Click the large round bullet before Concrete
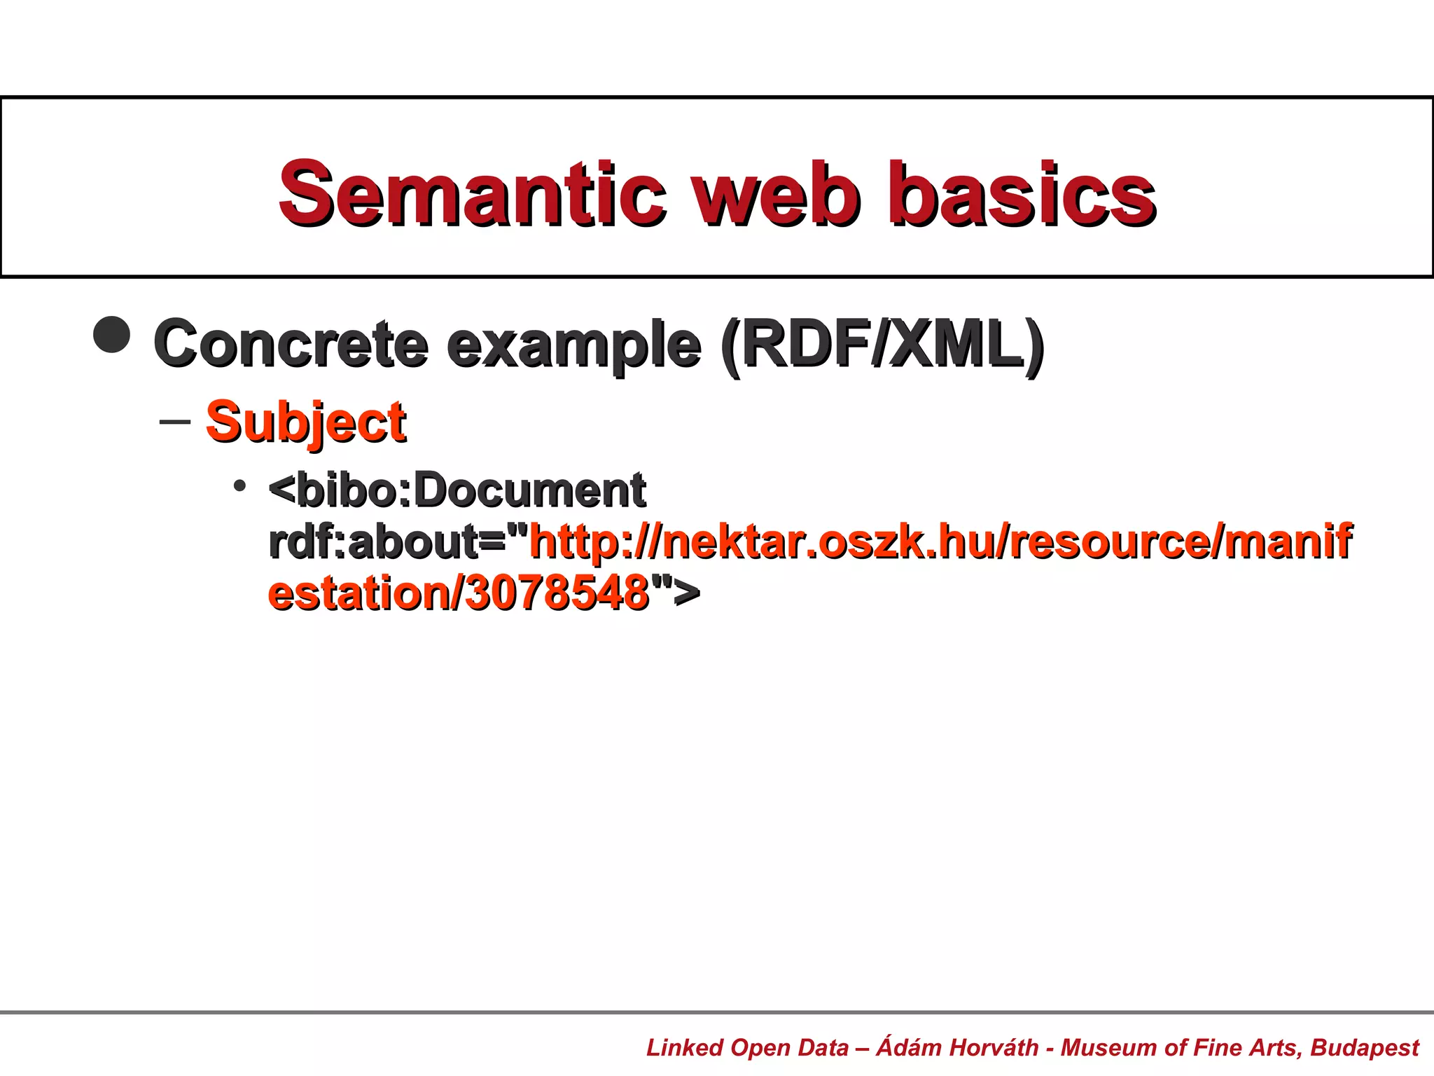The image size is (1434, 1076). [x=112, y=334]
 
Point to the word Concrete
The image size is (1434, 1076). [x=291, y=343]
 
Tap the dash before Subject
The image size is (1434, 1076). [x=175, y=422]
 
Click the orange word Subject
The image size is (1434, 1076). [x=306, y=422]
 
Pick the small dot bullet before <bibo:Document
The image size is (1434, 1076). [x=240, y=485]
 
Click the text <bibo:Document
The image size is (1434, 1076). [x=457, y=490]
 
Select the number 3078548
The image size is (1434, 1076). [x=557, y=593]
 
